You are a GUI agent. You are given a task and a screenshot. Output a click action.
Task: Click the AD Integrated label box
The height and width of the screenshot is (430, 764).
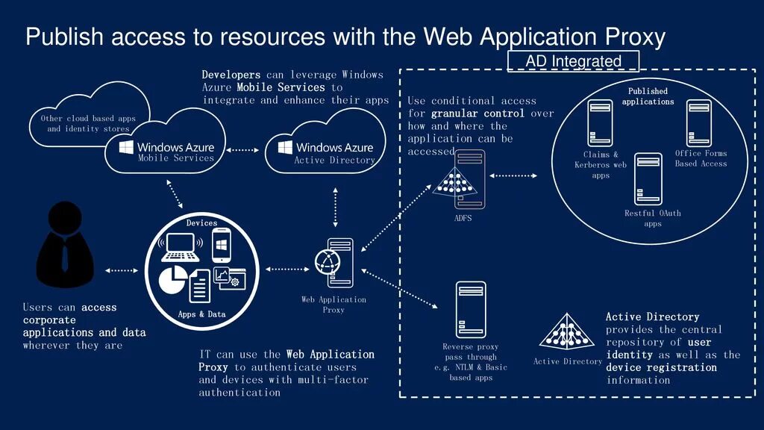pos(573,61)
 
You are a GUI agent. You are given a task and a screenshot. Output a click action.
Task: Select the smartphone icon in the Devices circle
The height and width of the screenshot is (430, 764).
pos(221,244)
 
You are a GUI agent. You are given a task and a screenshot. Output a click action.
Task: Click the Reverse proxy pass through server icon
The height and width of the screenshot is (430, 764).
pos(471,310)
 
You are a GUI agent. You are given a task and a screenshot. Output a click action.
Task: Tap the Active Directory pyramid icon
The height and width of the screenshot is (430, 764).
pos(567,332)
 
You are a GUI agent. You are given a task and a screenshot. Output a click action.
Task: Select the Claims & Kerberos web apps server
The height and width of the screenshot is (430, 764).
pos(600,123)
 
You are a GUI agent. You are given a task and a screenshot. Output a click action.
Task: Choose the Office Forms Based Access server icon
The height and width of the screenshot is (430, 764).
pos(699,123)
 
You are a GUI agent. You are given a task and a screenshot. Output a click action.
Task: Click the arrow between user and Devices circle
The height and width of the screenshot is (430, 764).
pos(122,269)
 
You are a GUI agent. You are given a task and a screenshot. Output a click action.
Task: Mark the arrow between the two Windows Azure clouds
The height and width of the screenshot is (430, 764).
pos(241,150)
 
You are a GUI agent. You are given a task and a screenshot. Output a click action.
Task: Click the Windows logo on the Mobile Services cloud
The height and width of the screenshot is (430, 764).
pos(125,146)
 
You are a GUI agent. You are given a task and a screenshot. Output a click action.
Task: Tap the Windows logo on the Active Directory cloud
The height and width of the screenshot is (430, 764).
pos(284,146)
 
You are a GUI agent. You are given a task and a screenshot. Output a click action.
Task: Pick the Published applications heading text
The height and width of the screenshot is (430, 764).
pos(648,96)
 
